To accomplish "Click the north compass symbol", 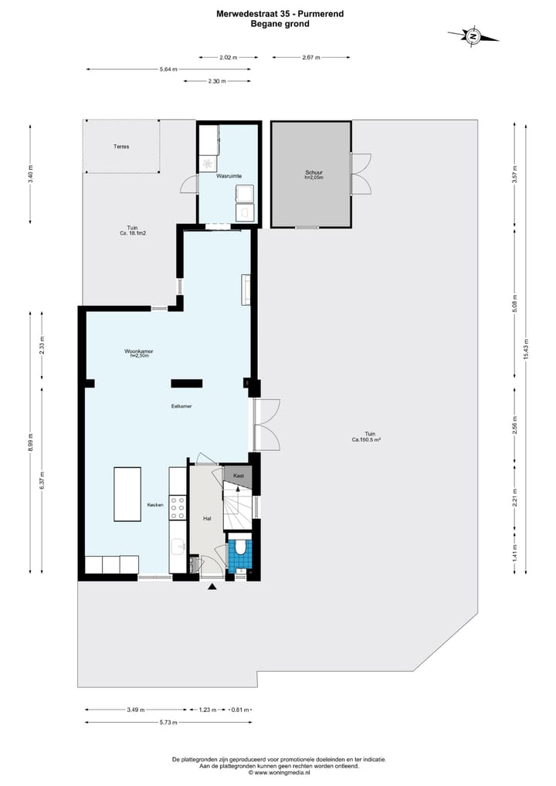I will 473,36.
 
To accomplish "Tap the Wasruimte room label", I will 229,176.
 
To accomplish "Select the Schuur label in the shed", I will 313,174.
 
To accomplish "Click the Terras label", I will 121,146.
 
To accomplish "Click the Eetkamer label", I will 181,405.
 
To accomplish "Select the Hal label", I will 207,519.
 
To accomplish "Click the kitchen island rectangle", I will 127,494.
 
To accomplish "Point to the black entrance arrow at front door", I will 212,588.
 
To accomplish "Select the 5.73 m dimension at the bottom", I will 168,723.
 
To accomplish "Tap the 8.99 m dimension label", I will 31,444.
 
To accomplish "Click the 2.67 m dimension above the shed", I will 311,57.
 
